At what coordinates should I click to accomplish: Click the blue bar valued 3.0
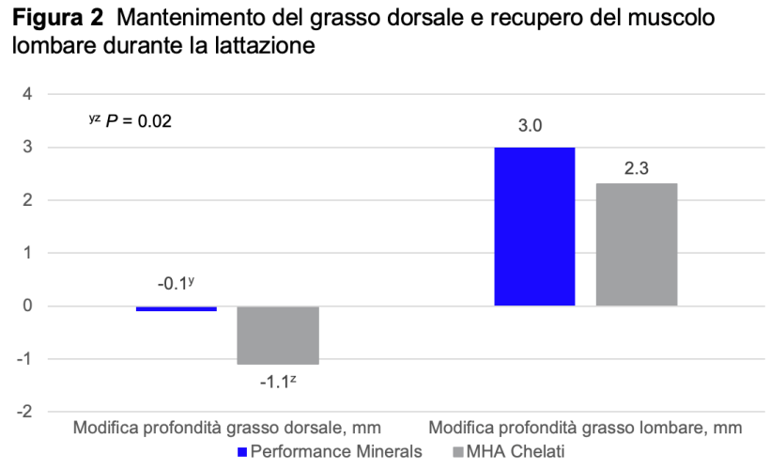click(x=534, y=227)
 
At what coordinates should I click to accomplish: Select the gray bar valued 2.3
click(x=637, y=244)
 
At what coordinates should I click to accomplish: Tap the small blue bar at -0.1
click(x=177, y=308)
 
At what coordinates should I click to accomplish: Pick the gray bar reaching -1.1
click(x=278, y=336)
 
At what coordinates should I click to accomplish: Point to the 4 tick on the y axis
click(x=27, y=94)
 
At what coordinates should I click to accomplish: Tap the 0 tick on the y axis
click(x=27, y=305)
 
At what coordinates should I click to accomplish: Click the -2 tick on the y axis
click(x=25, y=412)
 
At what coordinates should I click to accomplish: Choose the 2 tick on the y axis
click(x=27, y=200)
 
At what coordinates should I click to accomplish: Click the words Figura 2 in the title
click(x=55, y=20)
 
